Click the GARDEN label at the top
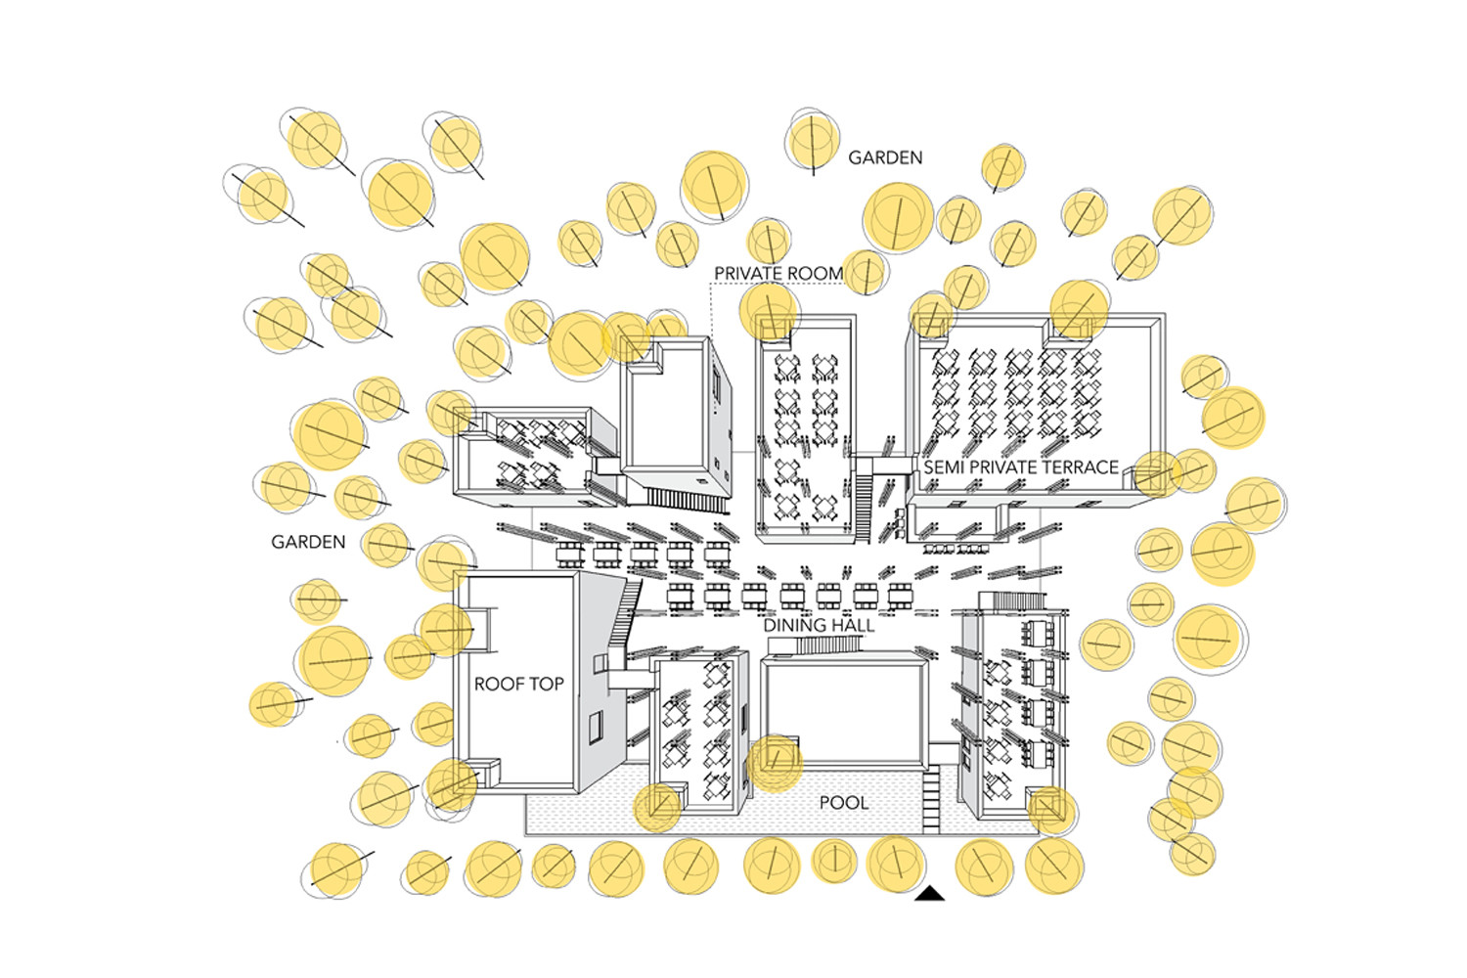[x=885, y=157]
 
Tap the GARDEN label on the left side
[x=308, y=542]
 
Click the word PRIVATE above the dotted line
[x=751, y=274]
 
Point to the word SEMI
[x=943, y=467]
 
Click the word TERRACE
[x=1081, y=467]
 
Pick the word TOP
[x=548, y=685]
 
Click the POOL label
[x=843, y=803]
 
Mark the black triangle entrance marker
[x=931, y=894]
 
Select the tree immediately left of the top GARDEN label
[x=813, y=143]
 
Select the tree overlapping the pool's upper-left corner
[x=657, y=807]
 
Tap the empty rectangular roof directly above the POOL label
[x=844, y=711]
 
